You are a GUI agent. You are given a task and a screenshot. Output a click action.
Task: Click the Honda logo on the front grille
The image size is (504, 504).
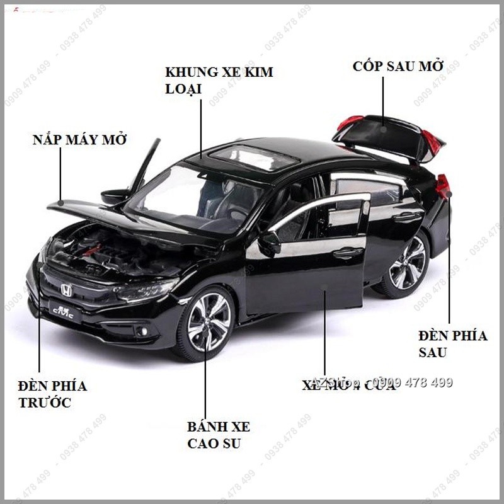(x=66, y=289)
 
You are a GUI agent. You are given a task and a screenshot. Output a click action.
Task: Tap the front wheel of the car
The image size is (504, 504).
(x=209, y=323)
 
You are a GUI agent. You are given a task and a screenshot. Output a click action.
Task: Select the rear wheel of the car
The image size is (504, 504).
(x=406, y=263)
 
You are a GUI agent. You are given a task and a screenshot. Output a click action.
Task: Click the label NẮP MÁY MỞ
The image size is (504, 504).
(x=79, y=139)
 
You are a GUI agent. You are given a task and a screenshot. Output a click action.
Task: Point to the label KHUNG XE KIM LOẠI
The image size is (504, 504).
(x=219, y=80)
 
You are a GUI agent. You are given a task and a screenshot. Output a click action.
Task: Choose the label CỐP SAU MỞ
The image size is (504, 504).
(x=398, y=66)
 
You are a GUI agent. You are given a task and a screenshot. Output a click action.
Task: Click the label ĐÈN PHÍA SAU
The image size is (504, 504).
(x=453, y=344)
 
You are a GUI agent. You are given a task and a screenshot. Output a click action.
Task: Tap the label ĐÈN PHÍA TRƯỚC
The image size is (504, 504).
(x=52, y=394)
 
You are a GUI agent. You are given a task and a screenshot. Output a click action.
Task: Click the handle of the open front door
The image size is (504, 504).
(x=348, y=253)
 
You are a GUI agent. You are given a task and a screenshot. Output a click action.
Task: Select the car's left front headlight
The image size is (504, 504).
(x=146, y=291)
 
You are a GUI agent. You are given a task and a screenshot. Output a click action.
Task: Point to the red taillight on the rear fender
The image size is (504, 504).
(x=444, y=186)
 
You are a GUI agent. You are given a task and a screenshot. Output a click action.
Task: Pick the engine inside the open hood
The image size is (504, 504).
(x=101, y=249)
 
